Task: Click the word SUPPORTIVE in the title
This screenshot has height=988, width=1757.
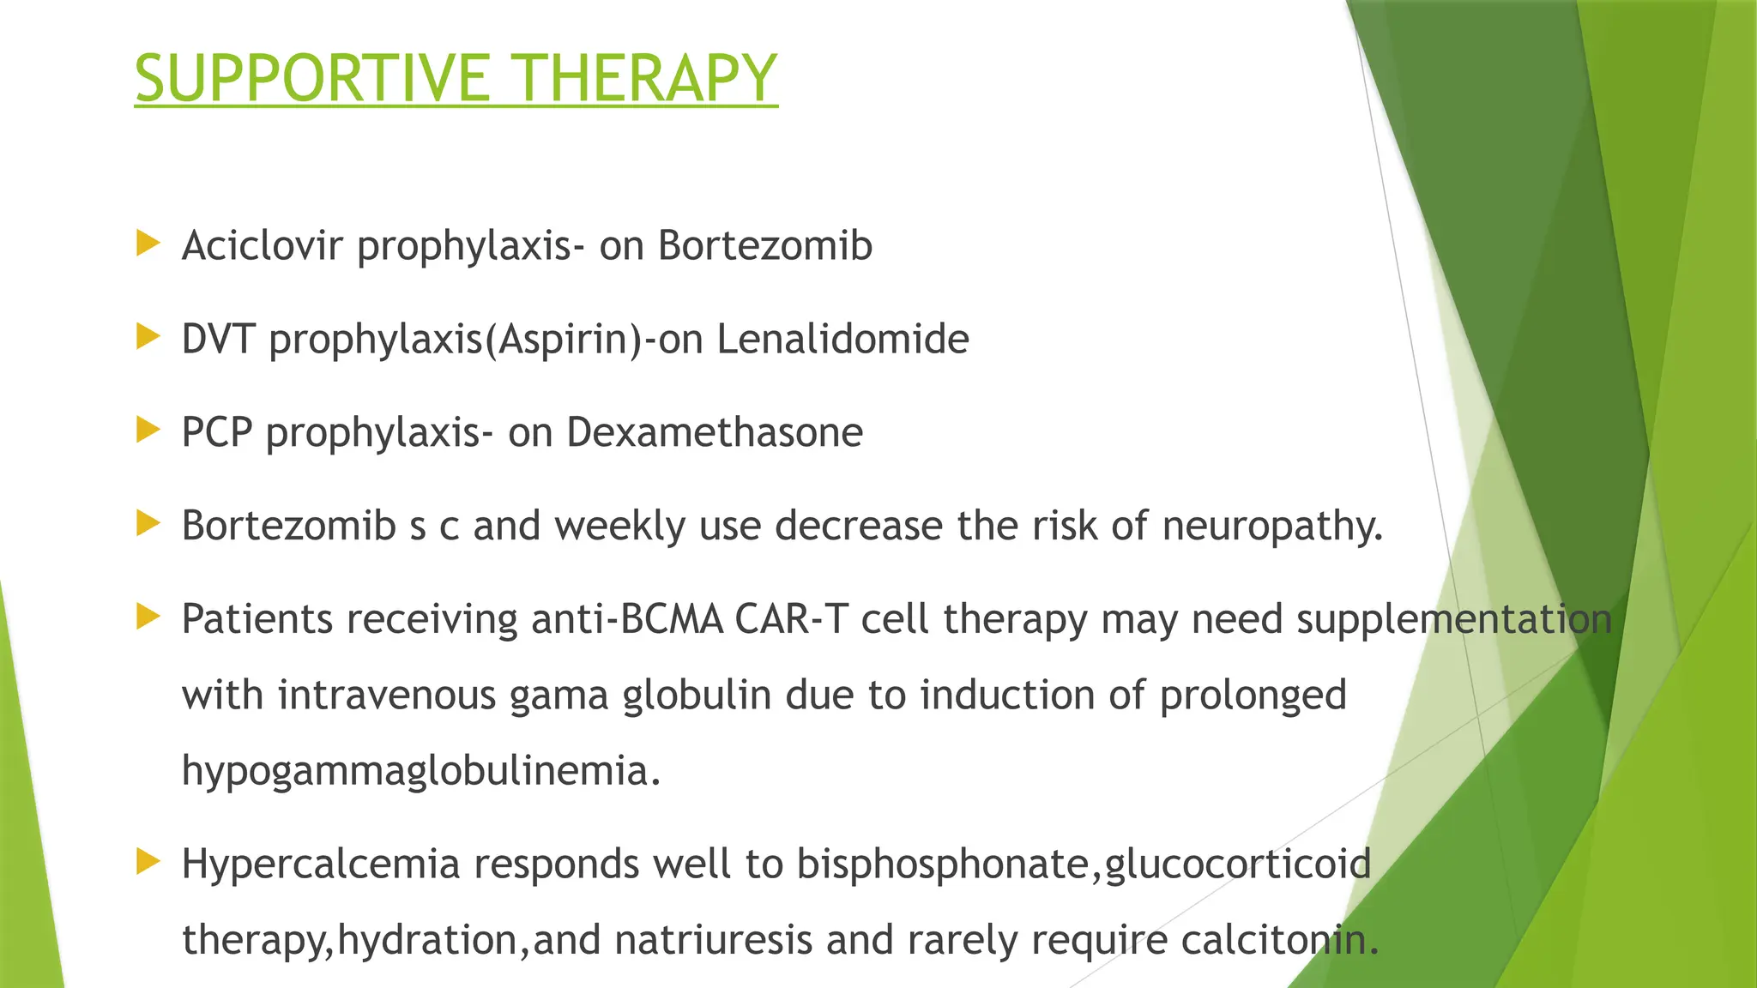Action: (x=312, y=79)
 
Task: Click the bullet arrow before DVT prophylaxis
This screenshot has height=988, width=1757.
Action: (x=148, y=337)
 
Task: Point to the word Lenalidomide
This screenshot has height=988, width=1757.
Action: (x=842, y=339)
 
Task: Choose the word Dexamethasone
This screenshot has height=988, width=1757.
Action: (x=715, y=432)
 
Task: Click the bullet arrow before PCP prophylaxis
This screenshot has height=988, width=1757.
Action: (x=148, y=430)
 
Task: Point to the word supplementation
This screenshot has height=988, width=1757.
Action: (x=1454, y=619)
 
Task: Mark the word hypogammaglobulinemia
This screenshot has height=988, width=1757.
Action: (x=420, y=770)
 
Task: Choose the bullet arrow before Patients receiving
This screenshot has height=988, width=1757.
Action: (x=148, y=617)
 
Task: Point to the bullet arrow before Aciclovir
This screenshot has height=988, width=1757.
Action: (x=148, y=244)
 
